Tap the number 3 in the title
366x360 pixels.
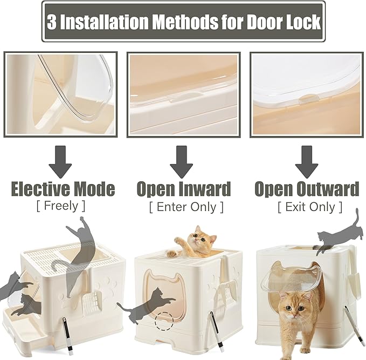tap(52, 22)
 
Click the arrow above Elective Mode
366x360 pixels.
tap(60, 162)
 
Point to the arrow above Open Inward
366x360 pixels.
tap(181, 162)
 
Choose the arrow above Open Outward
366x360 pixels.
tap(307, 162)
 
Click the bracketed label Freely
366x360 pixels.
tap(61, 206)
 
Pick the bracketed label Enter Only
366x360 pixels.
tap(187, 207)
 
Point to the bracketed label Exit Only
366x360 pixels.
tap(310, 207)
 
